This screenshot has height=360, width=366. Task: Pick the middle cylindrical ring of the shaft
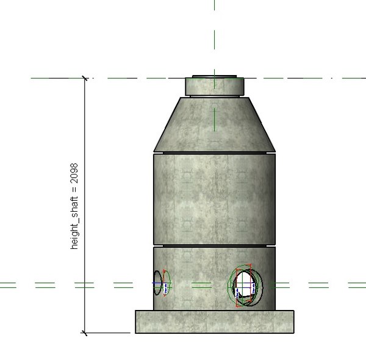coord(213,198)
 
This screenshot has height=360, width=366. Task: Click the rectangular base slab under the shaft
coord(214,321)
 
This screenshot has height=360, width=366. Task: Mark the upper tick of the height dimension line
coord(85,78)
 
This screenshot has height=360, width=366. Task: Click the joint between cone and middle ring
coord(213,151)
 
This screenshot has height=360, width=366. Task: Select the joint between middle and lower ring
coord(213,245)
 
